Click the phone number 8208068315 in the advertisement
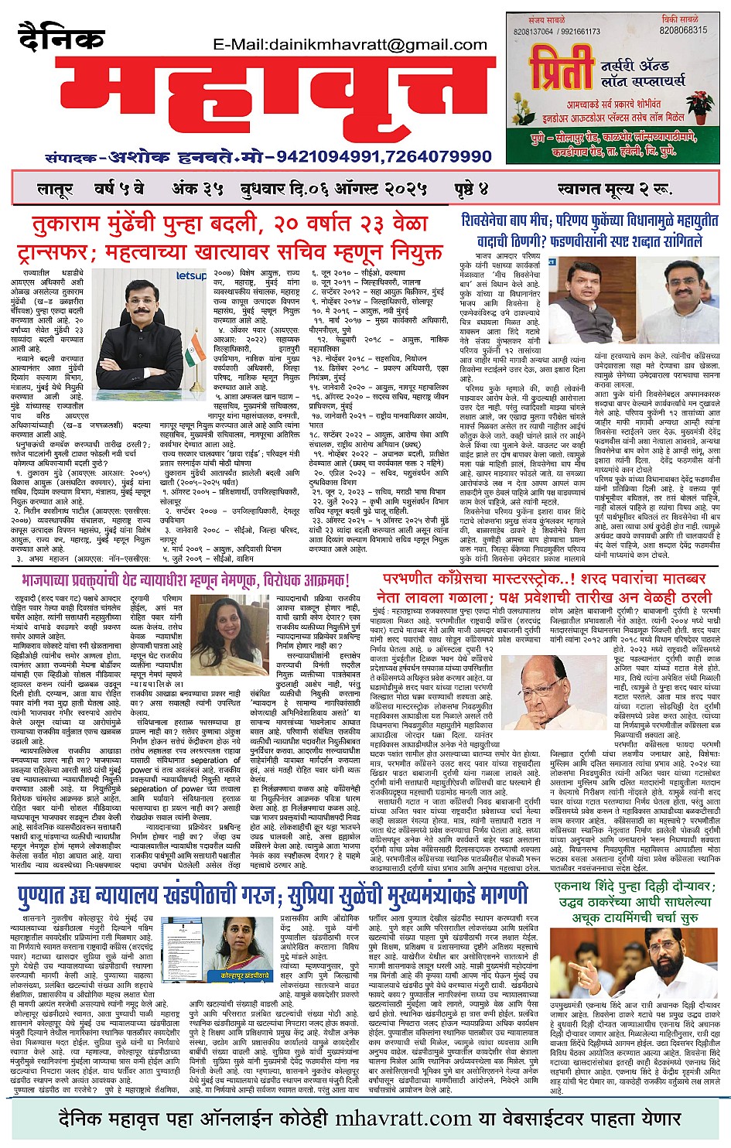tap(683, 30)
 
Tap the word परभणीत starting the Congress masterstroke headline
tap(411, 579)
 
